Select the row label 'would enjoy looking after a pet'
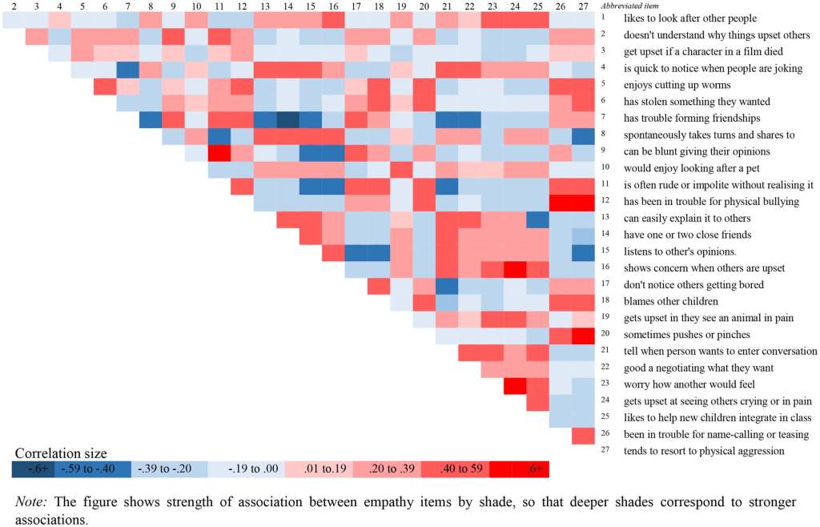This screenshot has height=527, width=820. (x=690, y=168)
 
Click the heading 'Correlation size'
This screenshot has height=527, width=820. (x=61, y=453)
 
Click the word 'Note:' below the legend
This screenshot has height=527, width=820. (x=31, y=501)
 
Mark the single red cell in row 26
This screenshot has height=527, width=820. (x=583, y=435)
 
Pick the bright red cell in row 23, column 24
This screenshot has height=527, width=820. (x=514, y=385)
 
